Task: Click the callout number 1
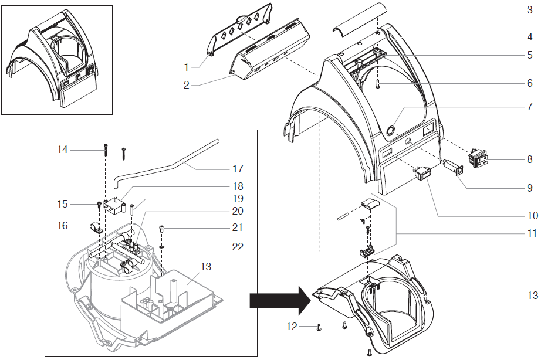pyautogui.click(x=187, y=67)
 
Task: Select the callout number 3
pyautogui.click(x=530, y=10)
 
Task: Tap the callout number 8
pyautogui.click(x=530, y=158)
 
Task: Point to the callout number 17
pyautogui.click(x=238, y=168)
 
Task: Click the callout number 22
pyautogui.click(x=238, y=247)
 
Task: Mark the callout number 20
pyautogui.click(x=238, y=211)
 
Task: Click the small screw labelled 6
pyautogui.click(x=378, y=84)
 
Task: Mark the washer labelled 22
pyautogui.click(x=160, y=247)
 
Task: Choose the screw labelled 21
pyautogui.click(x=160, y=229)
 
